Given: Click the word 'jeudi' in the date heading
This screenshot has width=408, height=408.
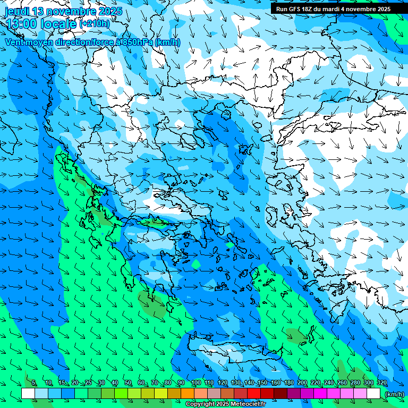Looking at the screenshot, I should tap(17, 11).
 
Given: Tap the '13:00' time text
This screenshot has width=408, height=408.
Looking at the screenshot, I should tap(22, 23).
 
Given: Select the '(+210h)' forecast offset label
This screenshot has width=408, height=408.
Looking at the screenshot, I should tap(95, 23).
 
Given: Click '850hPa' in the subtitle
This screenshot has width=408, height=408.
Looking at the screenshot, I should tap(135, 42).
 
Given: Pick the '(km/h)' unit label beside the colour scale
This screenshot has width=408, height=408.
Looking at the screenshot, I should tap(394, 394).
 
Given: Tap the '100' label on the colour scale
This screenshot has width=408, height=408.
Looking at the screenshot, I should tap(195, 383).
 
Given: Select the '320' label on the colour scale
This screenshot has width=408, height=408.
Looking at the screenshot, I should tap(381, 383).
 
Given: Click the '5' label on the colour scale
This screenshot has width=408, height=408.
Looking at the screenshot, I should tap(34, 383).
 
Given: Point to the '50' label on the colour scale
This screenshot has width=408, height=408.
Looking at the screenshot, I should tap(128, 383).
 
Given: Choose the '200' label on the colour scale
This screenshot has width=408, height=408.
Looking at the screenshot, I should tap(302, 383).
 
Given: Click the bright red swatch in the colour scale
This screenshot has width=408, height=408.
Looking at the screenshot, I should tap(254, 394).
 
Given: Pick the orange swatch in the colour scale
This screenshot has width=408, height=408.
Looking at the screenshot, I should tap(188, 394).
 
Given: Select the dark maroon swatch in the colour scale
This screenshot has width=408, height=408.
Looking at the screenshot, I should tap(280, 394).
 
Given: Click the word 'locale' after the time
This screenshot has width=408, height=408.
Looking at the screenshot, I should tap(58, 23).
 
